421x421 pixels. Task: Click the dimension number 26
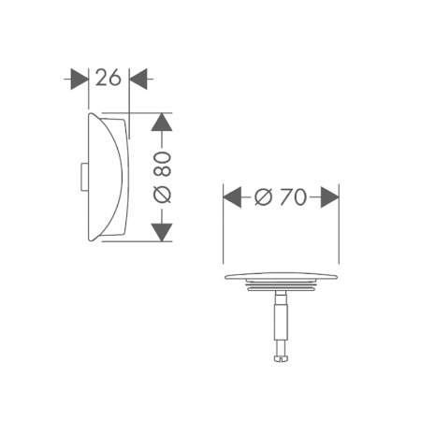108,78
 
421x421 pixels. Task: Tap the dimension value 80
163,165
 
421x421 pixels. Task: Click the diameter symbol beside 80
163,195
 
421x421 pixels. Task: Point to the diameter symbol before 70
264,196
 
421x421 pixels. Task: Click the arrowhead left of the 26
80,80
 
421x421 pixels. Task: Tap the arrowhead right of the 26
138,80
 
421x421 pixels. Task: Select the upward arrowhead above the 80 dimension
162,122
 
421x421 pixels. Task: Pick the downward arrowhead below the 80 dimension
162,232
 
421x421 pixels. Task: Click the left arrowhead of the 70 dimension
232,197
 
